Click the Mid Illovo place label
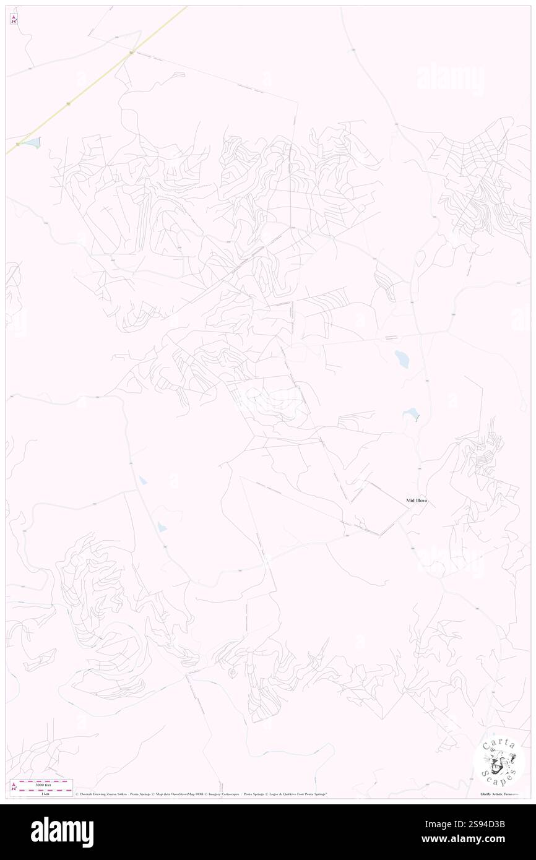[417, 501]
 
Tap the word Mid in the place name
[410, 501]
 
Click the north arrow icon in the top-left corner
[14, 19]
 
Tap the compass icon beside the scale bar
[14, 786]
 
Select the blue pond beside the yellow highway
[32, 143]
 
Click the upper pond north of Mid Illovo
[402, 358]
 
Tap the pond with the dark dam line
[410, 413]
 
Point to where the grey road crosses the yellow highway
[132, 54]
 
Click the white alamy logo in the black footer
[62, 832]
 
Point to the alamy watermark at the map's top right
[450, 77]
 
